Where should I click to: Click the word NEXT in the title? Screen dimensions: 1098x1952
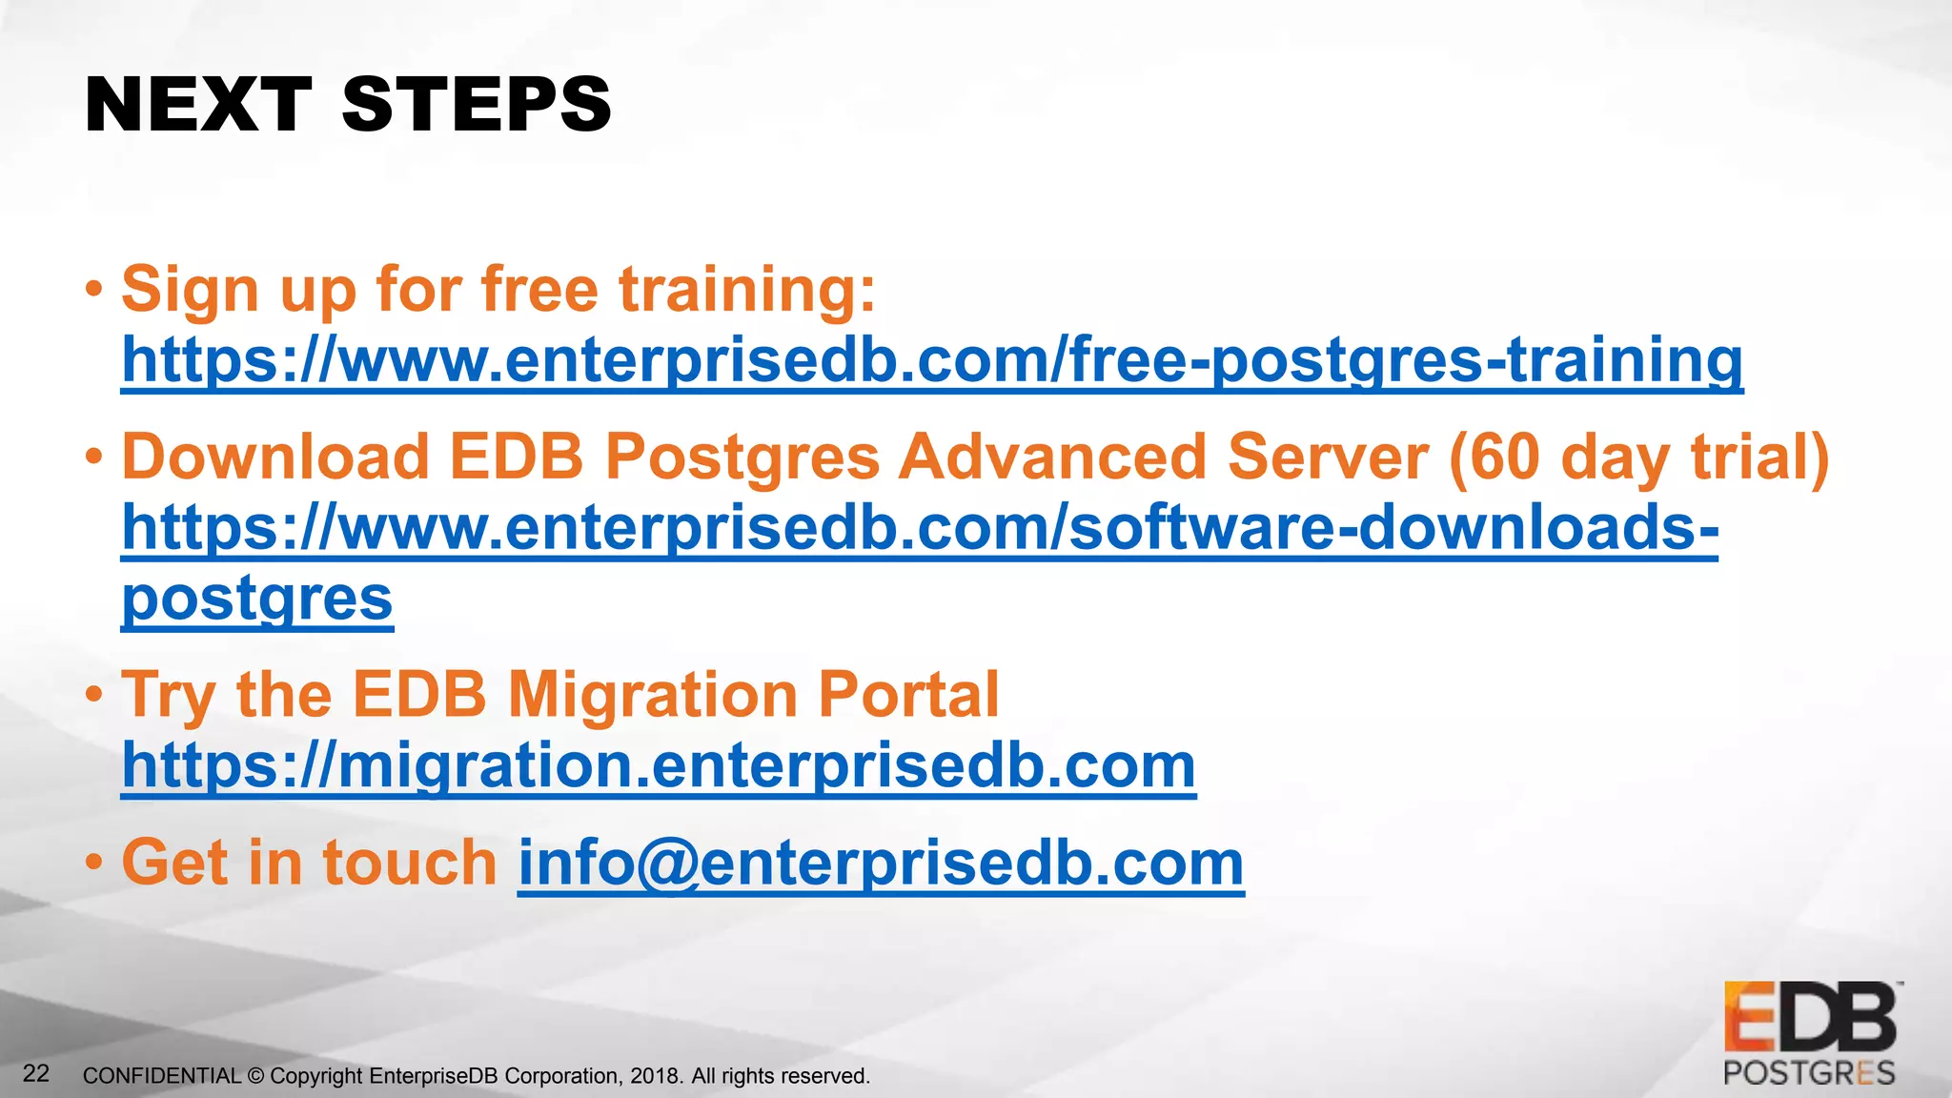197,105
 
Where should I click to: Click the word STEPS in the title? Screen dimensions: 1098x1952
477,105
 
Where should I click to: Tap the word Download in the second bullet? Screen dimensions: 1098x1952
275,457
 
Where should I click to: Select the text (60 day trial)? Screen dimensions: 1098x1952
1638,457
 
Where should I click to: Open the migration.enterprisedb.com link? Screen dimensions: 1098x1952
659,765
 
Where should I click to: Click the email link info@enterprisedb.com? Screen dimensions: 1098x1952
881,863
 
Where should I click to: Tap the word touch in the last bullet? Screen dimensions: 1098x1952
410,863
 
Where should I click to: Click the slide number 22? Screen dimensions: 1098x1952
36,1074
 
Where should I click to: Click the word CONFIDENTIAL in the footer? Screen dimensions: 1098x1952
162,1076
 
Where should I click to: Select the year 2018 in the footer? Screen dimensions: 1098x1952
655,1076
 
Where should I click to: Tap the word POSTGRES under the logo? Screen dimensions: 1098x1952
1809,1073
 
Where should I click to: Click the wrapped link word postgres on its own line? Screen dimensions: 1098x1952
257,600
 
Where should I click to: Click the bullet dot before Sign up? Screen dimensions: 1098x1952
93,288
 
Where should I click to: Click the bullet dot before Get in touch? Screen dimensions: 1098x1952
93,863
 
